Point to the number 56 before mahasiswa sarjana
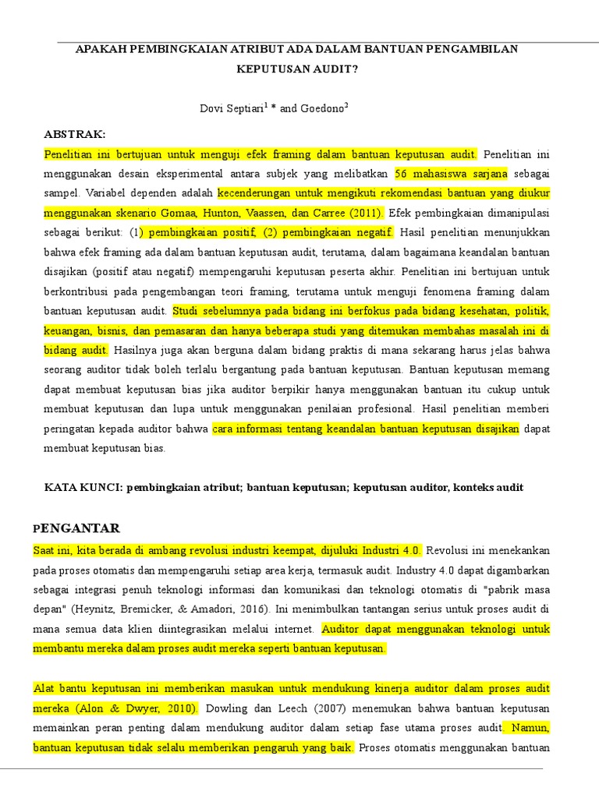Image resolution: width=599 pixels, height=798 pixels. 402,173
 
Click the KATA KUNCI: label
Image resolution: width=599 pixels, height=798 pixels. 82,488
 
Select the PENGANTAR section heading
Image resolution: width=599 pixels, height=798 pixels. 76,528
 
